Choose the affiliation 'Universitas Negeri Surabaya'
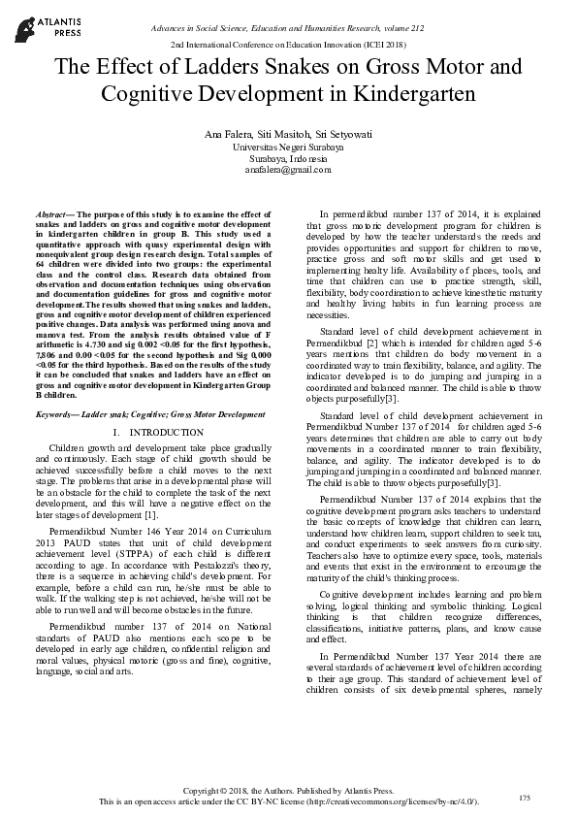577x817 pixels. (288, 146)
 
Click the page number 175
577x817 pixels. (525, 797)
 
